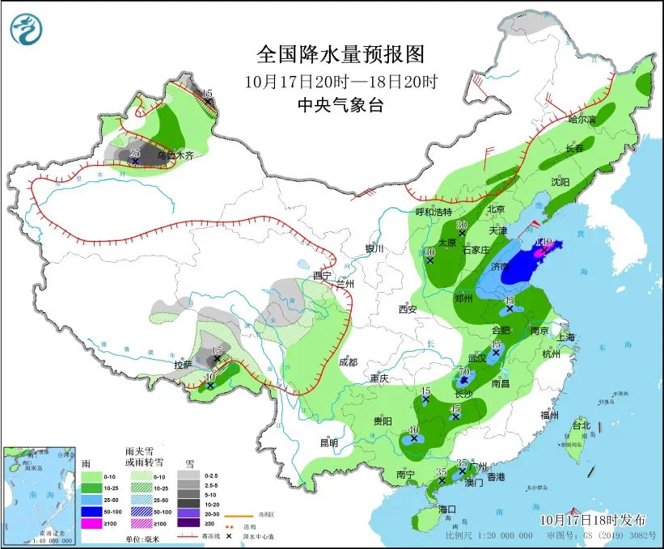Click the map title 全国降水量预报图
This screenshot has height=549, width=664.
pos(340,54)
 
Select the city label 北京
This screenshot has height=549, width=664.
pos(496,209)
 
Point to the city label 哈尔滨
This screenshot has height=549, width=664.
pos(581,120)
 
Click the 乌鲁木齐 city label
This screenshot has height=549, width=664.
pos(176,155)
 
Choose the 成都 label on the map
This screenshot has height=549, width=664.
pos(349,363)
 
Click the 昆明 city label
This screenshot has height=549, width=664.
pos(328,442)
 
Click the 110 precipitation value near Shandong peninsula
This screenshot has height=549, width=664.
pos(543,242)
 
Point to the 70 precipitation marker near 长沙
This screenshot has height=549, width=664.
pos(463,370)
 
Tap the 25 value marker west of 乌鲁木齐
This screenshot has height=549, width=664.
pos(135,152)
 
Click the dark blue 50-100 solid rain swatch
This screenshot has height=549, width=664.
pos(91,512)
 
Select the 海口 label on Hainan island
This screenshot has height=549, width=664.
pos(447,509)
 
